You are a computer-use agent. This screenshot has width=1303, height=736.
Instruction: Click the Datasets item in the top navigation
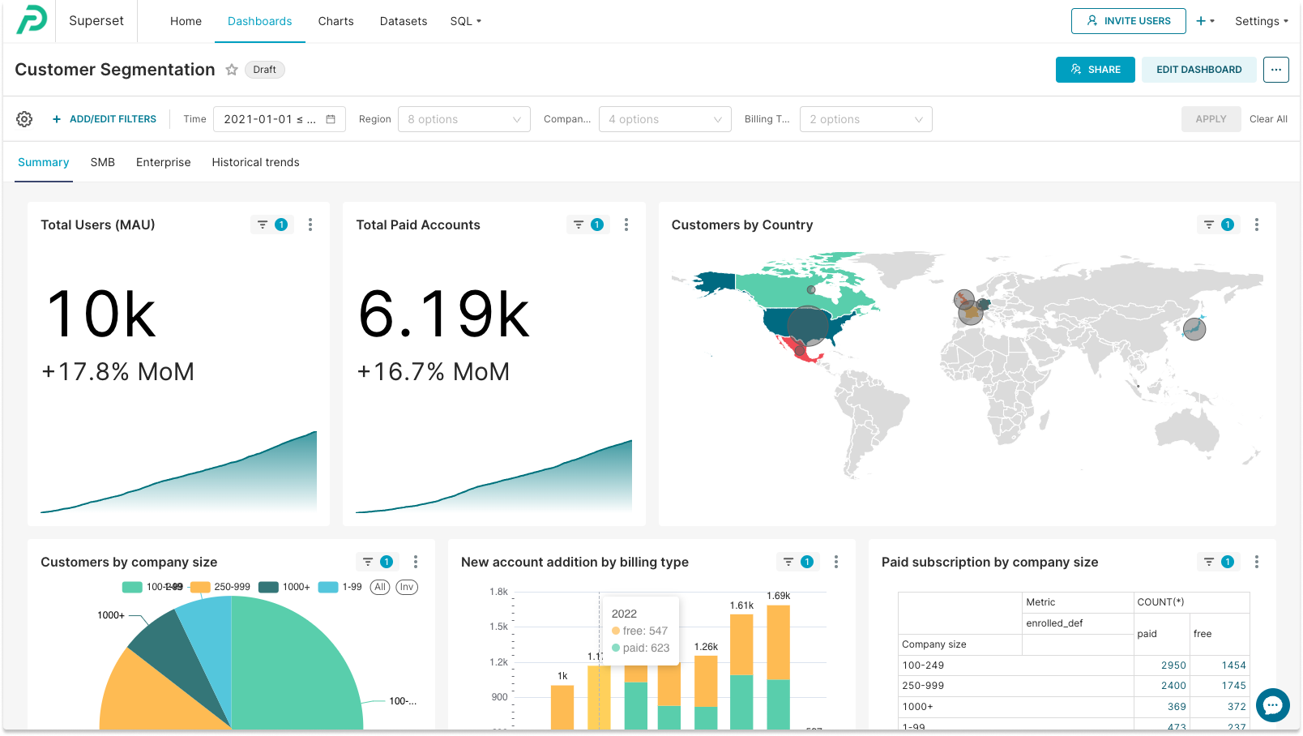pyautogui.click(x=403, y=21)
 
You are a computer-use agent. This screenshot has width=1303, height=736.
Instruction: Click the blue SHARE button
pyautogui.click(x=1095, y=70)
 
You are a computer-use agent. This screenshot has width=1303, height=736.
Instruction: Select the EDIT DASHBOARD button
pyautogui.click(x=1198, y=70)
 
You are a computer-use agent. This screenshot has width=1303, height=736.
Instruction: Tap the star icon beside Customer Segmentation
pyautogui.click(x=232, y=70)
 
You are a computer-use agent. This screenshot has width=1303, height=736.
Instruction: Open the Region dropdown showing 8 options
pyautogui.click(x=464, y=119)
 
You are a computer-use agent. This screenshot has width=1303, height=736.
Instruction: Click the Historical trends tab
pyautogui.click(x=255, y=162)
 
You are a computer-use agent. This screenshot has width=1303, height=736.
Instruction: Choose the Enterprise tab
pyautogui.click(x=163, y=162)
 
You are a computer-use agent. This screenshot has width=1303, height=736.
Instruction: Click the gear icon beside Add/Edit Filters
pyautogui.click(x=24, y=119)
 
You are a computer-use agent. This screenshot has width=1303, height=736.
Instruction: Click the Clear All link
pyautogui.click(x=1268, y=119)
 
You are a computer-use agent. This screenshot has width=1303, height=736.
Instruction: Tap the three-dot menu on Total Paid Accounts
pyautogui.click(x=626, y=225)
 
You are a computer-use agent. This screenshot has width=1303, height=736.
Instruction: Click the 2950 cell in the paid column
pyautogui.click(x=1173, y=665)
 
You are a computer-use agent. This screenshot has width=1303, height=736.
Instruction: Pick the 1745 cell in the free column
pyautogui.click(x=1233, y=686)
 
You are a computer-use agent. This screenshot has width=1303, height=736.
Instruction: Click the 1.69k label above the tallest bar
pyautogui.click(x=778, y=596)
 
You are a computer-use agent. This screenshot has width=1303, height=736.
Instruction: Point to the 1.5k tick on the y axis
pyautogui.click(x=498, y=627)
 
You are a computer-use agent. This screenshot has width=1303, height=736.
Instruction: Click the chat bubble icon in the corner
pyautogui.click(x=1272, y=705)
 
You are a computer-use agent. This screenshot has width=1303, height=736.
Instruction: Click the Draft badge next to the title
pyautogui.click(x=264, y=70)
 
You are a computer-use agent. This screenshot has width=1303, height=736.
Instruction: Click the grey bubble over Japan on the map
pyautogui.click(x=1194, y=329)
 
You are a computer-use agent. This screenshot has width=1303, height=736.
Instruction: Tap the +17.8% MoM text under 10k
pyautogui.click(x=118, y=371)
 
